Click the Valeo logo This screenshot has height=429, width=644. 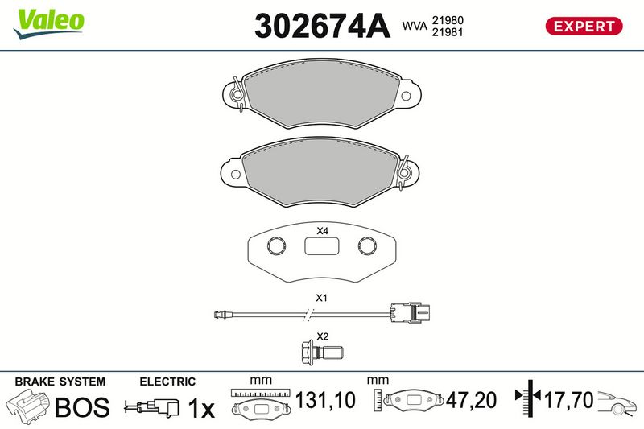pos(49,24)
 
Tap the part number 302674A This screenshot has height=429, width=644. pos(322,26)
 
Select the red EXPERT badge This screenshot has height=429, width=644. pos(584,27)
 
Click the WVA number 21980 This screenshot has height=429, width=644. pos(448,20)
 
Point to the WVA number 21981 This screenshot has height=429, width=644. pos(448,32)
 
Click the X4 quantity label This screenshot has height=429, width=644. pos(323,231)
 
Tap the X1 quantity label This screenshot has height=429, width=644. pos(321,298)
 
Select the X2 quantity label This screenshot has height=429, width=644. pos(323,336)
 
